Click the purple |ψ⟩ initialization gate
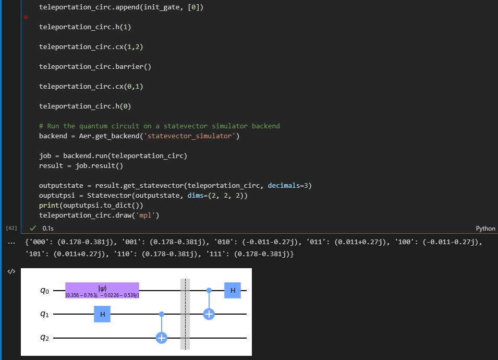coord(102,290)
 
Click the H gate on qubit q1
coord(102,314)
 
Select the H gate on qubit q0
coord(233,290)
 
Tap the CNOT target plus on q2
coord(162,338)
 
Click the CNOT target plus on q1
coord(209,314)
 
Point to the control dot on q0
coord(209,290)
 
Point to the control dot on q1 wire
coord(162,314)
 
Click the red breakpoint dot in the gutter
coord(26,17)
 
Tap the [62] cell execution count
coord(11,229)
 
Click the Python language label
coord(485,229)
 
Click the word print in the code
coord(49,206)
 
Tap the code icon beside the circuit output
coord(11,272)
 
